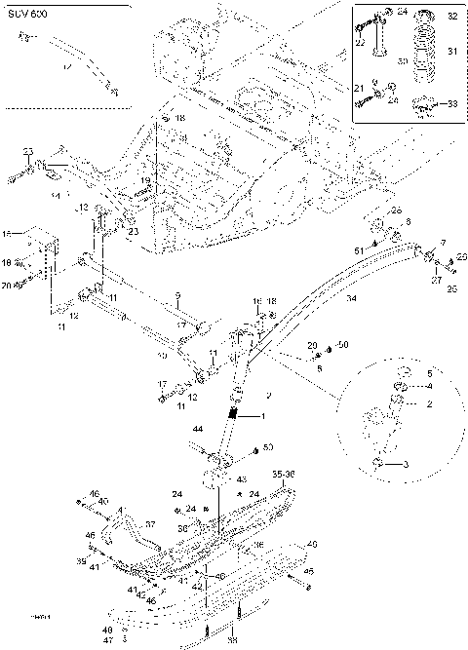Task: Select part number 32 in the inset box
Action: (449, 18)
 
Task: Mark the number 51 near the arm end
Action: (358, 251)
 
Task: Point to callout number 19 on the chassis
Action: (143, 180)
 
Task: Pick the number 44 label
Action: (197, 429)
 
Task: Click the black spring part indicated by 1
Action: (235, 414)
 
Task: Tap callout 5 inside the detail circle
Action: (428, 373)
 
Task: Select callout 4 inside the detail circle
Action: (427, 387)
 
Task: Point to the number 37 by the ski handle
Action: (150, 522)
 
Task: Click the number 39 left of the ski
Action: (83, 563)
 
